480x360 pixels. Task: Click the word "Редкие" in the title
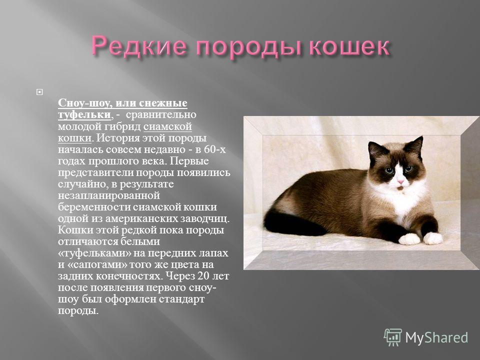(139, 46)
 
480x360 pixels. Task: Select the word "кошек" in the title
(348, 46)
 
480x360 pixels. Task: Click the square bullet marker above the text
(39, 92)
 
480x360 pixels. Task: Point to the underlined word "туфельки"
(84, 114)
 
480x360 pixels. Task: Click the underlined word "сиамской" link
(167, 126)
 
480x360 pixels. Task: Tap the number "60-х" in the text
(214, 149)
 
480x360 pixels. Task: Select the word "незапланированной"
(109, 195)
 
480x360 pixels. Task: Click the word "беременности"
(94, 207)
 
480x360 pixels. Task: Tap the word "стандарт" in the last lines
(177, 299)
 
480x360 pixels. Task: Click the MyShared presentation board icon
(393, 337)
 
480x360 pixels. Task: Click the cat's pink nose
(400, 182)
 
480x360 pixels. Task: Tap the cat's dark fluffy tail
(291, 222)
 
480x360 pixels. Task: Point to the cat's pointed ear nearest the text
(375, 150)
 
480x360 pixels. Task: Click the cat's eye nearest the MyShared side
(408, 168)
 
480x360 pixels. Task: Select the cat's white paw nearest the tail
(409, 239)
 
